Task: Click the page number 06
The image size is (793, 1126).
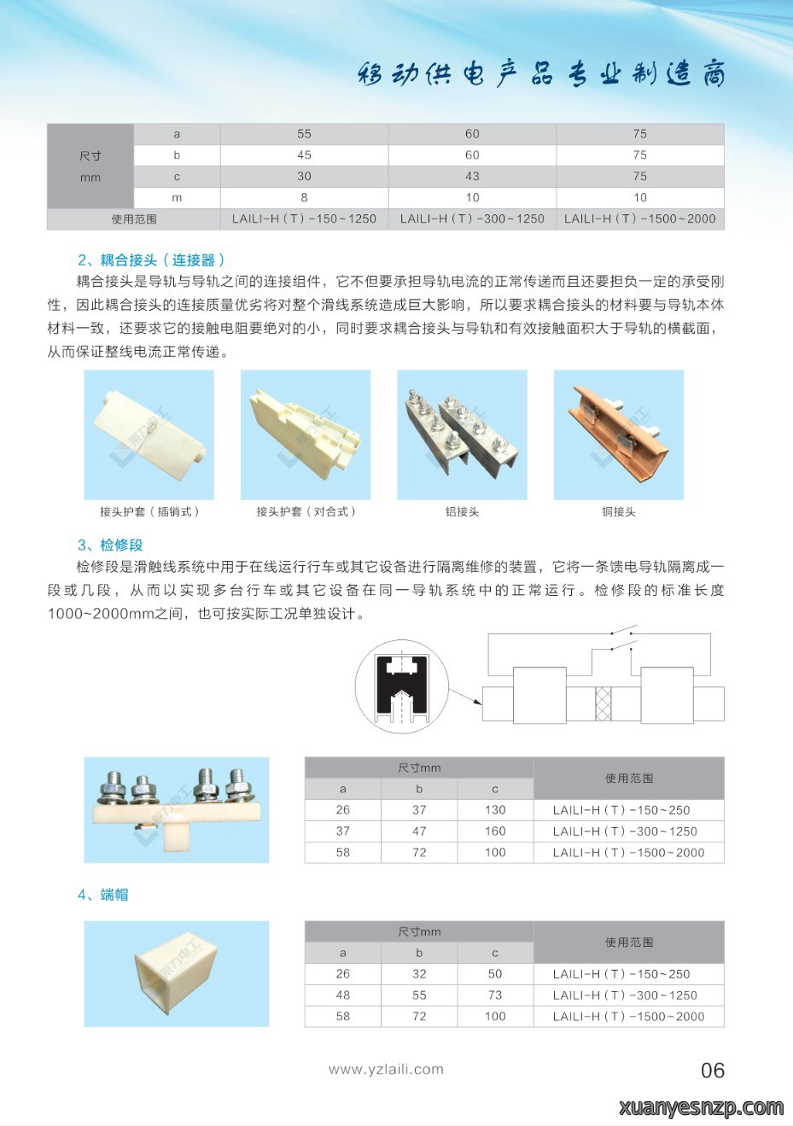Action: click(x=713, y=1070)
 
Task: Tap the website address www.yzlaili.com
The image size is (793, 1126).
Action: click(x=386, y=1069)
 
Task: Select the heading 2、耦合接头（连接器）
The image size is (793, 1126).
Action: click(x=151, y=260)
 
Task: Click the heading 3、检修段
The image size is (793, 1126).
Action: click(x=111, y=545)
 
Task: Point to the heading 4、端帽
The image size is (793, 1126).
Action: click(x=103, y=895)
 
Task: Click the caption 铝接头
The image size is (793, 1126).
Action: click(x=462, y=511)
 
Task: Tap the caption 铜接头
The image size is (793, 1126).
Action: click(x=619, y=511)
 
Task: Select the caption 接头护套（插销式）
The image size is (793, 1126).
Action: click(x=149, y=511)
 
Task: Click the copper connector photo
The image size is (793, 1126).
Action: click(x=619, y=435)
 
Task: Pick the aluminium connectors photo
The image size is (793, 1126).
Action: click(x=462, y=435)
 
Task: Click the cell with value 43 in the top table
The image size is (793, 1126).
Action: click(x=472, y=177)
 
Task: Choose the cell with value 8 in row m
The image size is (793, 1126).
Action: click(x=304, y=197)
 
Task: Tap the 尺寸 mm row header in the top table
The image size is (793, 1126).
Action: click(x=90, y=166)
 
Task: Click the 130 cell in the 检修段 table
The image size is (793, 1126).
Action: click(x=495, y=810)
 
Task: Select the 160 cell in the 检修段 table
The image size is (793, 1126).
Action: click(x=495, y=831)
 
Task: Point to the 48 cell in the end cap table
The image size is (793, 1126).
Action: click(x=343, y=995)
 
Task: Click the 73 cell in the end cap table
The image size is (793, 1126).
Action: click(x=495, y=995)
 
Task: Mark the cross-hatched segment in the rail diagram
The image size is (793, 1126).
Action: click(x=603, y=703)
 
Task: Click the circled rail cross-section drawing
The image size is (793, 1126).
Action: click(x=401, y=686)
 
